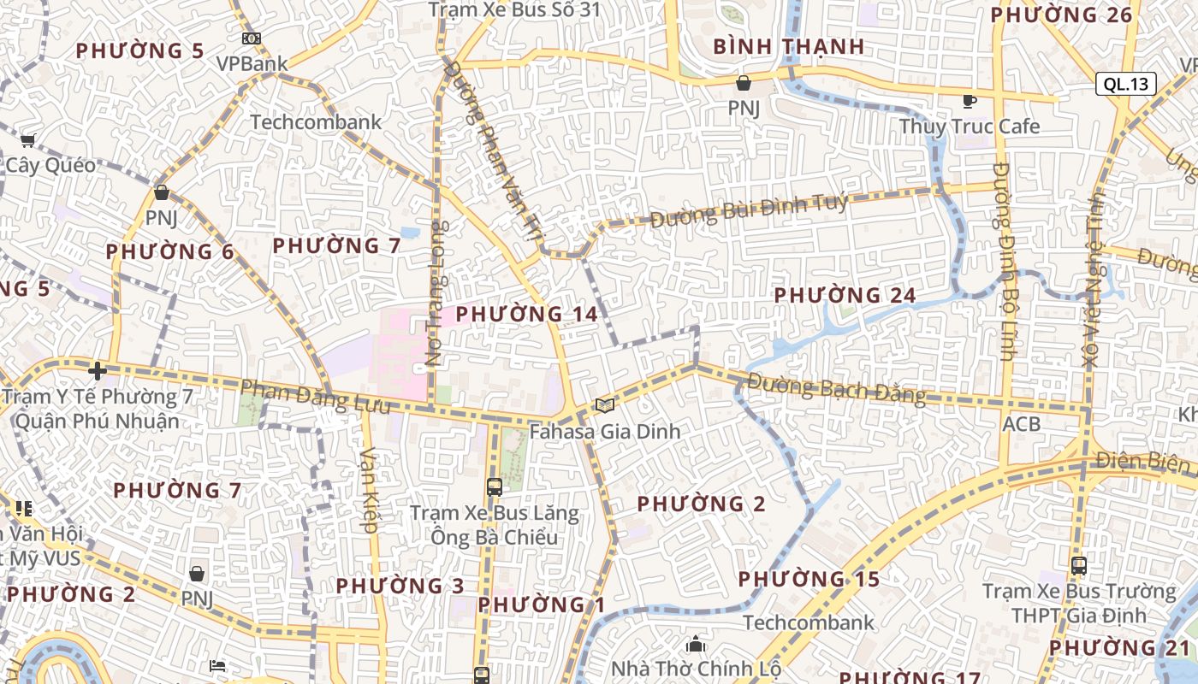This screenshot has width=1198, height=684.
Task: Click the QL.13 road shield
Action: (x=1125, y=84)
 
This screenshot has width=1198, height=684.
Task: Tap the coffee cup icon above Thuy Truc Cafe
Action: (x=969, y=102)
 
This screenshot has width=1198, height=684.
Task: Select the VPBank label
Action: (x=252, y=63)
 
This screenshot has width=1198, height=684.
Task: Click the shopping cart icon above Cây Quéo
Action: (x=28, y=140)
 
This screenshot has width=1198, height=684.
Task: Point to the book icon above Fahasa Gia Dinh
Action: (x=605, y=405)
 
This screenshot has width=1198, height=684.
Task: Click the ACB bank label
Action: (x=1022, y=424)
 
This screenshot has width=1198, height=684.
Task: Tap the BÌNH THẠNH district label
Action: (x=788, y=46)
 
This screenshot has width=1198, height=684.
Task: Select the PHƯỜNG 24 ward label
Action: (x=845, y=296)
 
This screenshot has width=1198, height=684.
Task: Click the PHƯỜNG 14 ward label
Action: (x=526, y=314)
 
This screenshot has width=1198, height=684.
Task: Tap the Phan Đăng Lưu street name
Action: (x=315, y=397)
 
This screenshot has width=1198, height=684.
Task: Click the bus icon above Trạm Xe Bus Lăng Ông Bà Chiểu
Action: (x=494, y=487)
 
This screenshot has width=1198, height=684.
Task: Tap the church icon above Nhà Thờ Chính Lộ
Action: (x=696, y=643)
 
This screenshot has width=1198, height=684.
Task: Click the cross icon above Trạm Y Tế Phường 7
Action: (x=97, y=371)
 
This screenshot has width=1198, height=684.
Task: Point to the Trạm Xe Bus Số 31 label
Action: (x=514, y=10)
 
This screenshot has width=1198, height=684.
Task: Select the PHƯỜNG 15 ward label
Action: (x=809, y=579)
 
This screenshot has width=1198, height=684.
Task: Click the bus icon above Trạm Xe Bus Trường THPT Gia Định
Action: (x=1078, y=565)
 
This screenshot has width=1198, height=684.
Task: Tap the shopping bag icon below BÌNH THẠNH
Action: (x=744, y=83)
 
